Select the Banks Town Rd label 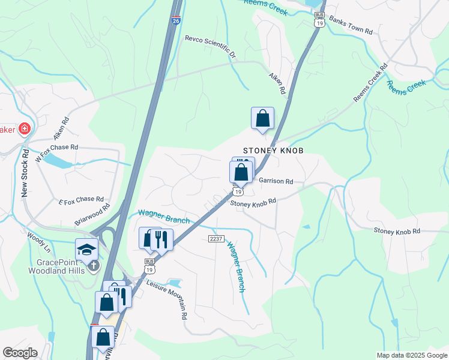351,26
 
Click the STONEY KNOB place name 273,151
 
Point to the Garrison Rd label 276,181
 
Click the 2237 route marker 216,239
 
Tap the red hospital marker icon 24,128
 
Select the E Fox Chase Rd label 81,200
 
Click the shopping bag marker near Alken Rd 262,118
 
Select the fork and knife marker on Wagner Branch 161,239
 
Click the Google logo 20,353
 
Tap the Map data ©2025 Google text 411,355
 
